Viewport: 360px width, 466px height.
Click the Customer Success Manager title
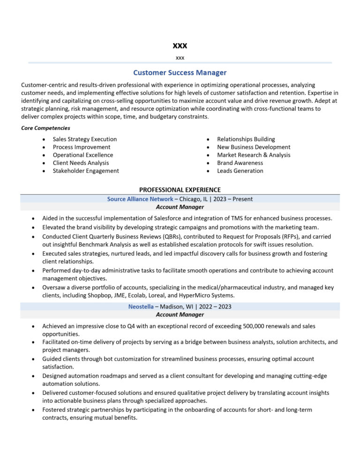pos(180,73)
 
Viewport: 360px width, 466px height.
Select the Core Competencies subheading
pos(45,128)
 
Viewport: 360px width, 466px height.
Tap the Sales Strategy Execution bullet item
pos(85,139)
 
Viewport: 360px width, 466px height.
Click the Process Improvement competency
pos(82,147)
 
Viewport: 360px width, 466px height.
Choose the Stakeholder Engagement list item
pos(86,171)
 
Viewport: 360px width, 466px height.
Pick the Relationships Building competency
pos(246,139)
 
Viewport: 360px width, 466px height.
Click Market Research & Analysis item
pos(254,155)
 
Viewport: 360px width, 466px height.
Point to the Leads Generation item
pos(240,171)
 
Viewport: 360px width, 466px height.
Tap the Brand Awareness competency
pos(240,163)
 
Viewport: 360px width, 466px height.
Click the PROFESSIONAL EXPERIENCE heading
pos(180,190)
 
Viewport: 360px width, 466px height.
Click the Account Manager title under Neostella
pos(180,315)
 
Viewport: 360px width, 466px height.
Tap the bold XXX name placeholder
pos(180,45)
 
